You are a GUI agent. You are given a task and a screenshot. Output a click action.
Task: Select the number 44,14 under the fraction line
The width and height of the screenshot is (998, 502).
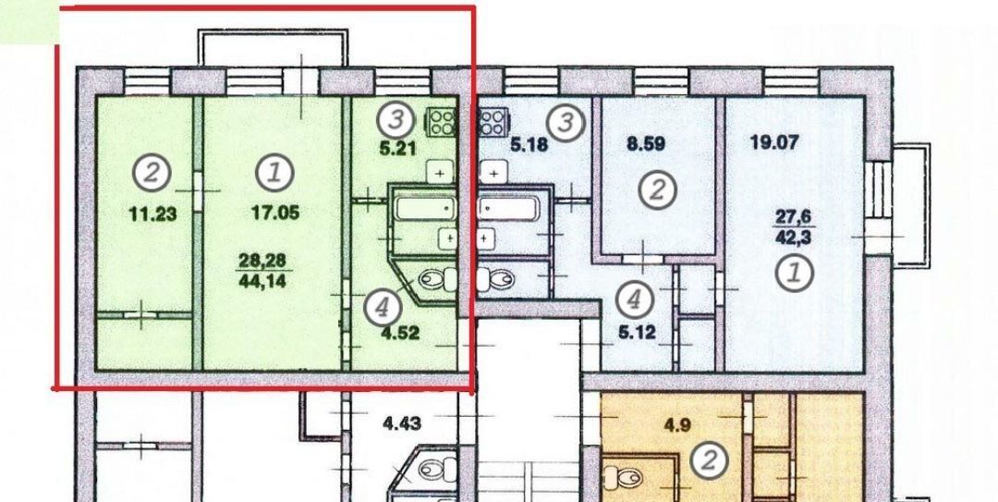[x=262, y=281]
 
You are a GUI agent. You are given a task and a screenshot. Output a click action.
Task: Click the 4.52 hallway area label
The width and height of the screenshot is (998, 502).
[x=399, y=332]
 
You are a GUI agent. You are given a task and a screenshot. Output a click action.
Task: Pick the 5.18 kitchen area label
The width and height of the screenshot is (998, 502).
[x=529, y=145]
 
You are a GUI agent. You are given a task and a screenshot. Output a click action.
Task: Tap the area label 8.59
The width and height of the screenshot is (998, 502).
[x=646, y=143]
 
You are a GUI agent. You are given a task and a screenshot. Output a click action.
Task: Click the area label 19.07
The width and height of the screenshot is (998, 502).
[x=774, y=141]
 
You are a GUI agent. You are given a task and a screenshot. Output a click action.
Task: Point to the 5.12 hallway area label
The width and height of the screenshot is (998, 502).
[x=637, y=332]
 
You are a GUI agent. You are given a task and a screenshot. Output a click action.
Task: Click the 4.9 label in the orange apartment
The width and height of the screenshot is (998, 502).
[x=677, y=425]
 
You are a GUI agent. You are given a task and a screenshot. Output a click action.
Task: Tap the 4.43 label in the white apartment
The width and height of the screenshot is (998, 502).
[x=402, y=422]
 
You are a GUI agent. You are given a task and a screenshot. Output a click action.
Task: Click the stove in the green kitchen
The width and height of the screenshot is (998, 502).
[x=441, y=122]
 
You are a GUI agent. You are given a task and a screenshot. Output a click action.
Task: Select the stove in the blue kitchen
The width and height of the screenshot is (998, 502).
[x=493, y=122]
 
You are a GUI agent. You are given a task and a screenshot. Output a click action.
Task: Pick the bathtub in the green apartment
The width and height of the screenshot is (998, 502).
[x=424, y=208]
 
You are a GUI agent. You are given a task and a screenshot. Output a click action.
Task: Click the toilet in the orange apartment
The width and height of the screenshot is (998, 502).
[x=621, y=476]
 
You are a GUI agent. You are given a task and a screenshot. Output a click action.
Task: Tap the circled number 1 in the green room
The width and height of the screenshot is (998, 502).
[x=274, y=173]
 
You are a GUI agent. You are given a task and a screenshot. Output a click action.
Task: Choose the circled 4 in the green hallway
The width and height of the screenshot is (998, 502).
[x=383, y=308]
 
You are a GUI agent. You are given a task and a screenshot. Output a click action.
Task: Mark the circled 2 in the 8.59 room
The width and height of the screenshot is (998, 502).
[x=657, y=190]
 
